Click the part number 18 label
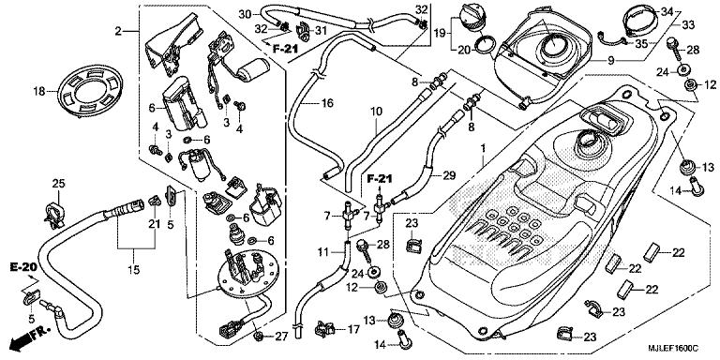click(x=39, y=92)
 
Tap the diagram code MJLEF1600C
click(x=674, y=351)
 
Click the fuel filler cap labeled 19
click(x=470, y=18)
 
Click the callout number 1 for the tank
click(x=483, y=149)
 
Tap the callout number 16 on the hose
click(x=326, y=103)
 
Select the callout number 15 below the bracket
click(x=134, y=270)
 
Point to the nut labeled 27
click(x=258, y=336)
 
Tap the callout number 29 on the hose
click(x=449, y=175)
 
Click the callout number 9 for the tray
click(x=610, y=60)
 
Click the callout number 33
click(x=688, y=25)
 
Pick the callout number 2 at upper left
click(x=118, y=31)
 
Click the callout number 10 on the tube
click(x=376, y=112)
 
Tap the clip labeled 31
click(x=304, y=30)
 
